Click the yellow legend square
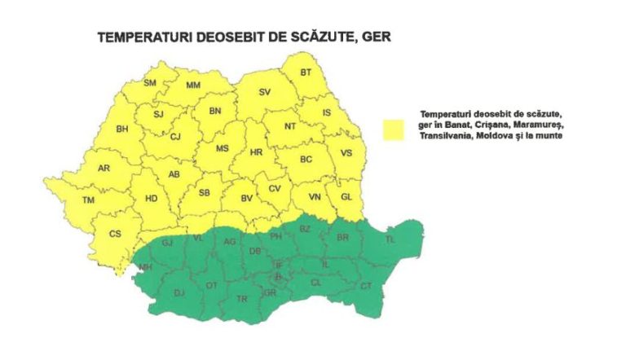(395, 130)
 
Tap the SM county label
(150, 82)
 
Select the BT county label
(306, 72)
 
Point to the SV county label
(264, 92)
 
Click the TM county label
(88, 200)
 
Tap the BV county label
(246, 197)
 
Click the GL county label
(346, 196)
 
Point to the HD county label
(151, 198)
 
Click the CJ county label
(175, 137)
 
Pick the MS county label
(222, 148)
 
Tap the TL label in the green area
(390, 239)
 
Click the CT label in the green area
(366, 285)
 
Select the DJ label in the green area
(179, 292)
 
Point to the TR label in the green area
(241, 299)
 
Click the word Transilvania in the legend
(446, 136)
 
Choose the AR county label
(104, 169)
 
